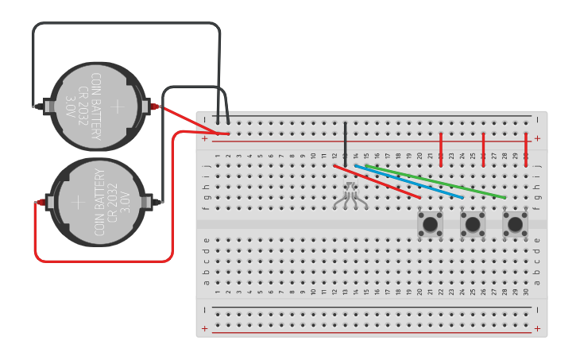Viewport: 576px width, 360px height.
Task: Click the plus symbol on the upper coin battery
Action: tap(118, 106)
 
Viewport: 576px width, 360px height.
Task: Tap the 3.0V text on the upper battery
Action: tap(71, 106)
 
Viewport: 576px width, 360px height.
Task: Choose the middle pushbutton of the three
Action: tap(473, 224)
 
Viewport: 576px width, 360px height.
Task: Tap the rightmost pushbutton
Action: tap(515, 224)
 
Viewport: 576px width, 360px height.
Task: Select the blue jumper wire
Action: tap(409, 182)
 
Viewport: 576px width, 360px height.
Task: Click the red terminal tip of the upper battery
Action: tap(155, 106)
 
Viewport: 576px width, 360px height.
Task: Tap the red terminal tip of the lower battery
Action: tap(39, 203)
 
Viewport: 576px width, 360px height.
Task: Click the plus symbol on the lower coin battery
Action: tap(79, 203)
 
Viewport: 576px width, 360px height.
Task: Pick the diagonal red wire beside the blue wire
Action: tap(377, 182)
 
